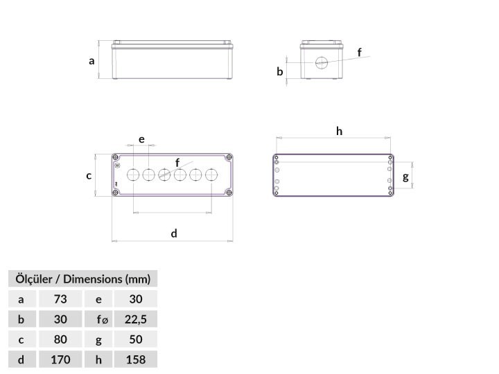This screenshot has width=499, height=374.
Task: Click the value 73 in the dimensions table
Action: [60, 299]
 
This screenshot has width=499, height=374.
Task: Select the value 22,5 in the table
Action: [136, 319]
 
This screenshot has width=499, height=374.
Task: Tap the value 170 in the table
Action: [60, 359]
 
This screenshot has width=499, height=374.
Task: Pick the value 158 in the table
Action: [136, 359]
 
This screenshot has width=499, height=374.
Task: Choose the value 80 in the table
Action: [60, 339]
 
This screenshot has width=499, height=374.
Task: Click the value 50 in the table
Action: [136, 339]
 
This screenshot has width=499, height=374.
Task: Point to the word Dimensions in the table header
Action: [93, 279]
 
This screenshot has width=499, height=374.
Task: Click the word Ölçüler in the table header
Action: [34, 278]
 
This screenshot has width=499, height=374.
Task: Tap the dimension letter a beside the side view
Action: [91, 61]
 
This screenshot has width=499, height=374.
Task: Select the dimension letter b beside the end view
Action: [280, 71]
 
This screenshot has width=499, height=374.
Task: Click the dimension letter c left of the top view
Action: [89, 175]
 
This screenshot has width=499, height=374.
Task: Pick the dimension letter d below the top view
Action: [174, 233]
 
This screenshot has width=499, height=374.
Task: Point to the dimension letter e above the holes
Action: [141, 139]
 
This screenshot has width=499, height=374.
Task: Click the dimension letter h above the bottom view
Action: [339, 131]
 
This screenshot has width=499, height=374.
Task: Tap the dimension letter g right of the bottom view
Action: [405, 177]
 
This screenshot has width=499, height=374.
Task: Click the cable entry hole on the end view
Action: [322, 62]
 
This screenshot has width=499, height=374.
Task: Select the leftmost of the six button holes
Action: [133, 175]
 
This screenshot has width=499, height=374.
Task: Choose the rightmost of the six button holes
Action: [211, 175]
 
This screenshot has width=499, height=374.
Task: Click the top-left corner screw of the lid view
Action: [116, 157]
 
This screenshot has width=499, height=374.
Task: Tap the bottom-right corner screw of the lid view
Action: [229, 192]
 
